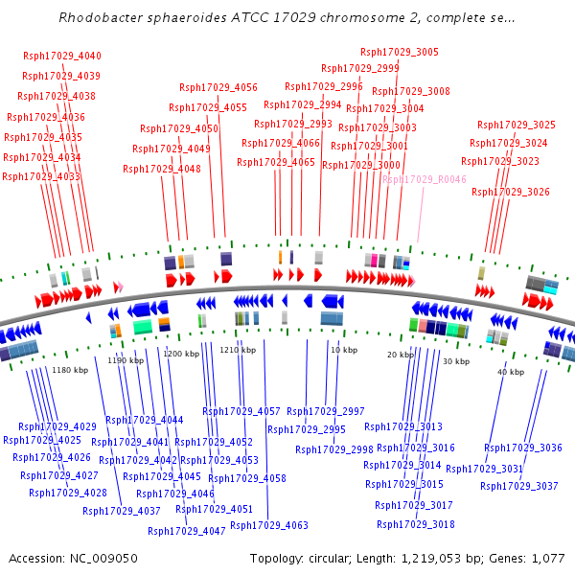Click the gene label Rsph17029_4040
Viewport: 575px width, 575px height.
coord(62,57)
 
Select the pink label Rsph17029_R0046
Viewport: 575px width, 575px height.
coord(425,179)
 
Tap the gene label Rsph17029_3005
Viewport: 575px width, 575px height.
coord(400,52)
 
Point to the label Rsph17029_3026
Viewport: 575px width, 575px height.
coord(511,193)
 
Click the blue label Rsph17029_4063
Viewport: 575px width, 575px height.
coord(269,525)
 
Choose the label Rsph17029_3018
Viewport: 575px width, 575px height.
coord(416,524)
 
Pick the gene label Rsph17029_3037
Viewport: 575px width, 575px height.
coord(519,486)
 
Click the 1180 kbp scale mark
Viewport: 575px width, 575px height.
coord(69,370)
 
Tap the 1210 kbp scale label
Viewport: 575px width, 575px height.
coord(238,351)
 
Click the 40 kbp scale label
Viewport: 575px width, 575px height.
coord(510,372)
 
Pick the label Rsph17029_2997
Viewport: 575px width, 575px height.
coord(326,411)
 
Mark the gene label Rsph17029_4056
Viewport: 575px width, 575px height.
coord(218,87)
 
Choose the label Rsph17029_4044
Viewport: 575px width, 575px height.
coord(145,420)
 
